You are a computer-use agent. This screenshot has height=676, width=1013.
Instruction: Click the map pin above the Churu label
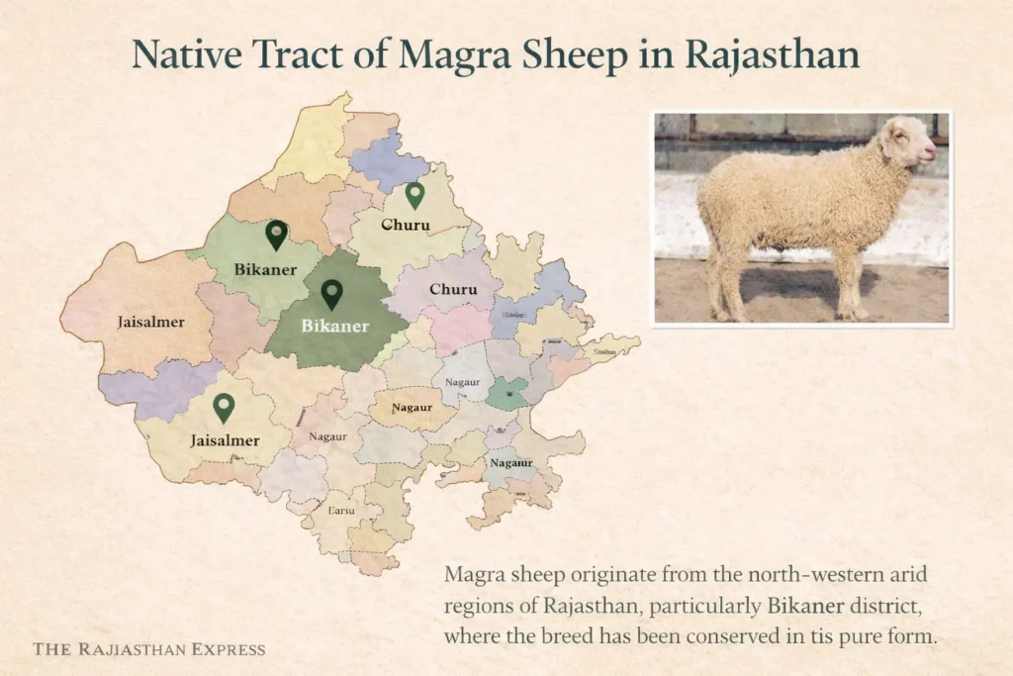pos(414,195)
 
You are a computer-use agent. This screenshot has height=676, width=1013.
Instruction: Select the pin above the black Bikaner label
pos(276,235)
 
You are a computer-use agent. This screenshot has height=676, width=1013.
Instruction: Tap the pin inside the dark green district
pos(332,293)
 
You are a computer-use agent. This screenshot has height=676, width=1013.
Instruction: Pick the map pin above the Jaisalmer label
pos(225,407)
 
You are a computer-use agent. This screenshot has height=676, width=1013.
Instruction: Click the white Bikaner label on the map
pos(334,326)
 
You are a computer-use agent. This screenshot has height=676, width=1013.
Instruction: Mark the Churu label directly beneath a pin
pos(406,226)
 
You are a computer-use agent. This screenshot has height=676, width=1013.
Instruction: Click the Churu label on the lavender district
pos(453,290)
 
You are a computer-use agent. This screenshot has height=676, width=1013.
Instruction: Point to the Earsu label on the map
pos(340,512)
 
